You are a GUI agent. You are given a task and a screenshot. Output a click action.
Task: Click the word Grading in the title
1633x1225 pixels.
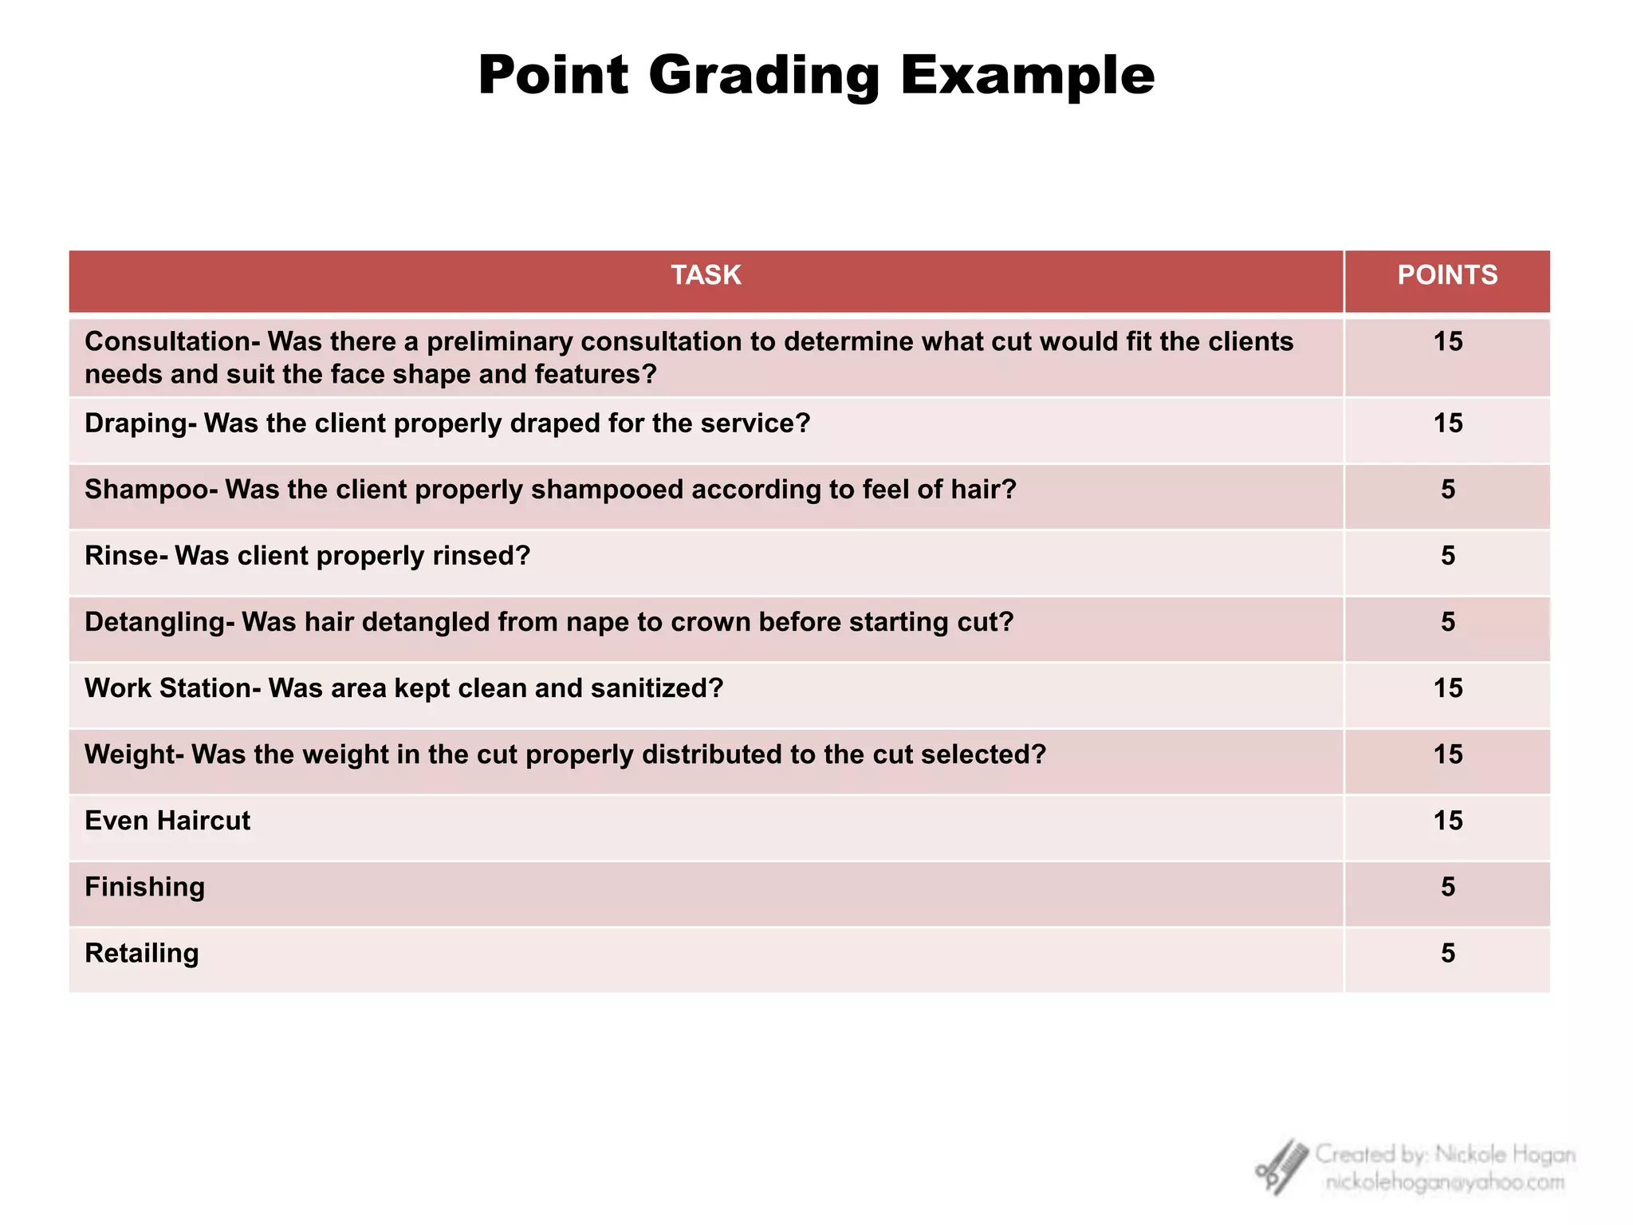click(x=764, y=77)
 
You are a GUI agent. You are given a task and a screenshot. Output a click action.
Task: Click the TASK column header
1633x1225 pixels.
click(x=706, y=275)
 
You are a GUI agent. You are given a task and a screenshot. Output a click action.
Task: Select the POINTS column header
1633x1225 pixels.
click(x=1447, y=275)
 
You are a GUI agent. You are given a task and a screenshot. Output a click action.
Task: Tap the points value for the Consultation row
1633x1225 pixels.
click(x=1448, y=342)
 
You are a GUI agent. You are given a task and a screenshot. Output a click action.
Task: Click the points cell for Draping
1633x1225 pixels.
click(x=1448, y=423)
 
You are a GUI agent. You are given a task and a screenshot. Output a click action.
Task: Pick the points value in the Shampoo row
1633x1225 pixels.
click(x=1448, y=490)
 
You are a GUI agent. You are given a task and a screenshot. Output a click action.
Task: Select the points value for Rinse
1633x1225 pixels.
click(x=1448, y=556)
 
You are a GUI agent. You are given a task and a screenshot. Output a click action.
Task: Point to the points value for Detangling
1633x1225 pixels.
click(x=1448, y=622)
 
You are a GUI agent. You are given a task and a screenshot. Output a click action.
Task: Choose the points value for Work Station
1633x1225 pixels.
click(x=1448, y=688)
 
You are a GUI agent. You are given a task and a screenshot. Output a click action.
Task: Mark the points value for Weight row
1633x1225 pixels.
click(x=1448, y=754)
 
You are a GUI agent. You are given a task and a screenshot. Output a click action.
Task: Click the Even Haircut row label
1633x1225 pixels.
click(x=167, y=821)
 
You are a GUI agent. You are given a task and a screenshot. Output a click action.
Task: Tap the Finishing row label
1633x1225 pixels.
click(x=144, y=887)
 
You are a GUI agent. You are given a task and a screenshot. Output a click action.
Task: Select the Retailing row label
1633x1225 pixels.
click(x=142, y=953)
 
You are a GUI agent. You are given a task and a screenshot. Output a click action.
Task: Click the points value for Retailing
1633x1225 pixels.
click(x=1448, y=953)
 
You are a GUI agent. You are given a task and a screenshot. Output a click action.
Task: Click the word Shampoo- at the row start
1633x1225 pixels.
click(x=151, y=490)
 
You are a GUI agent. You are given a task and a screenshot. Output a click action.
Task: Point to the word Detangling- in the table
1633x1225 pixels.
click(x=159, y=622)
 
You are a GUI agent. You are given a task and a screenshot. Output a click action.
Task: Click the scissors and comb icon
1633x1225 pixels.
click(x=1282, y=1167)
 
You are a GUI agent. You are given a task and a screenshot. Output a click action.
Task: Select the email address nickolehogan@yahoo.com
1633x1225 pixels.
click(x=1445, y=1183)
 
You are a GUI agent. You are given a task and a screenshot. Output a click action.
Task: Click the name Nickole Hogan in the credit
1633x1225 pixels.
click(x=1505, y=1155)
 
